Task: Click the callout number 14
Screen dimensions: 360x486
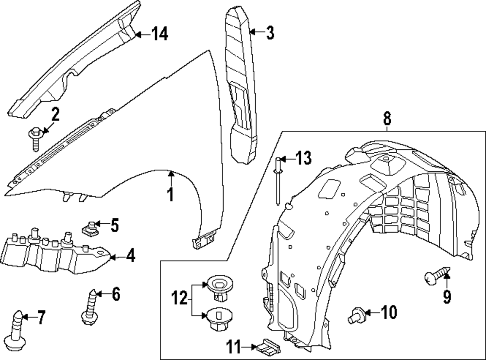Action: point(159,34)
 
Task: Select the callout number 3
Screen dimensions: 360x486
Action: point(270,33)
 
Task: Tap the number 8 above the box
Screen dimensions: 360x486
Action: point(387,118)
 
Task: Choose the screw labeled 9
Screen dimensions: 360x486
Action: point(435,277)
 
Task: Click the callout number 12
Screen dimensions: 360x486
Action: point(179,298)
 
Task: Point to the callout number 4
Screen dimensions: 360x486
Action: point(130,255)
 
